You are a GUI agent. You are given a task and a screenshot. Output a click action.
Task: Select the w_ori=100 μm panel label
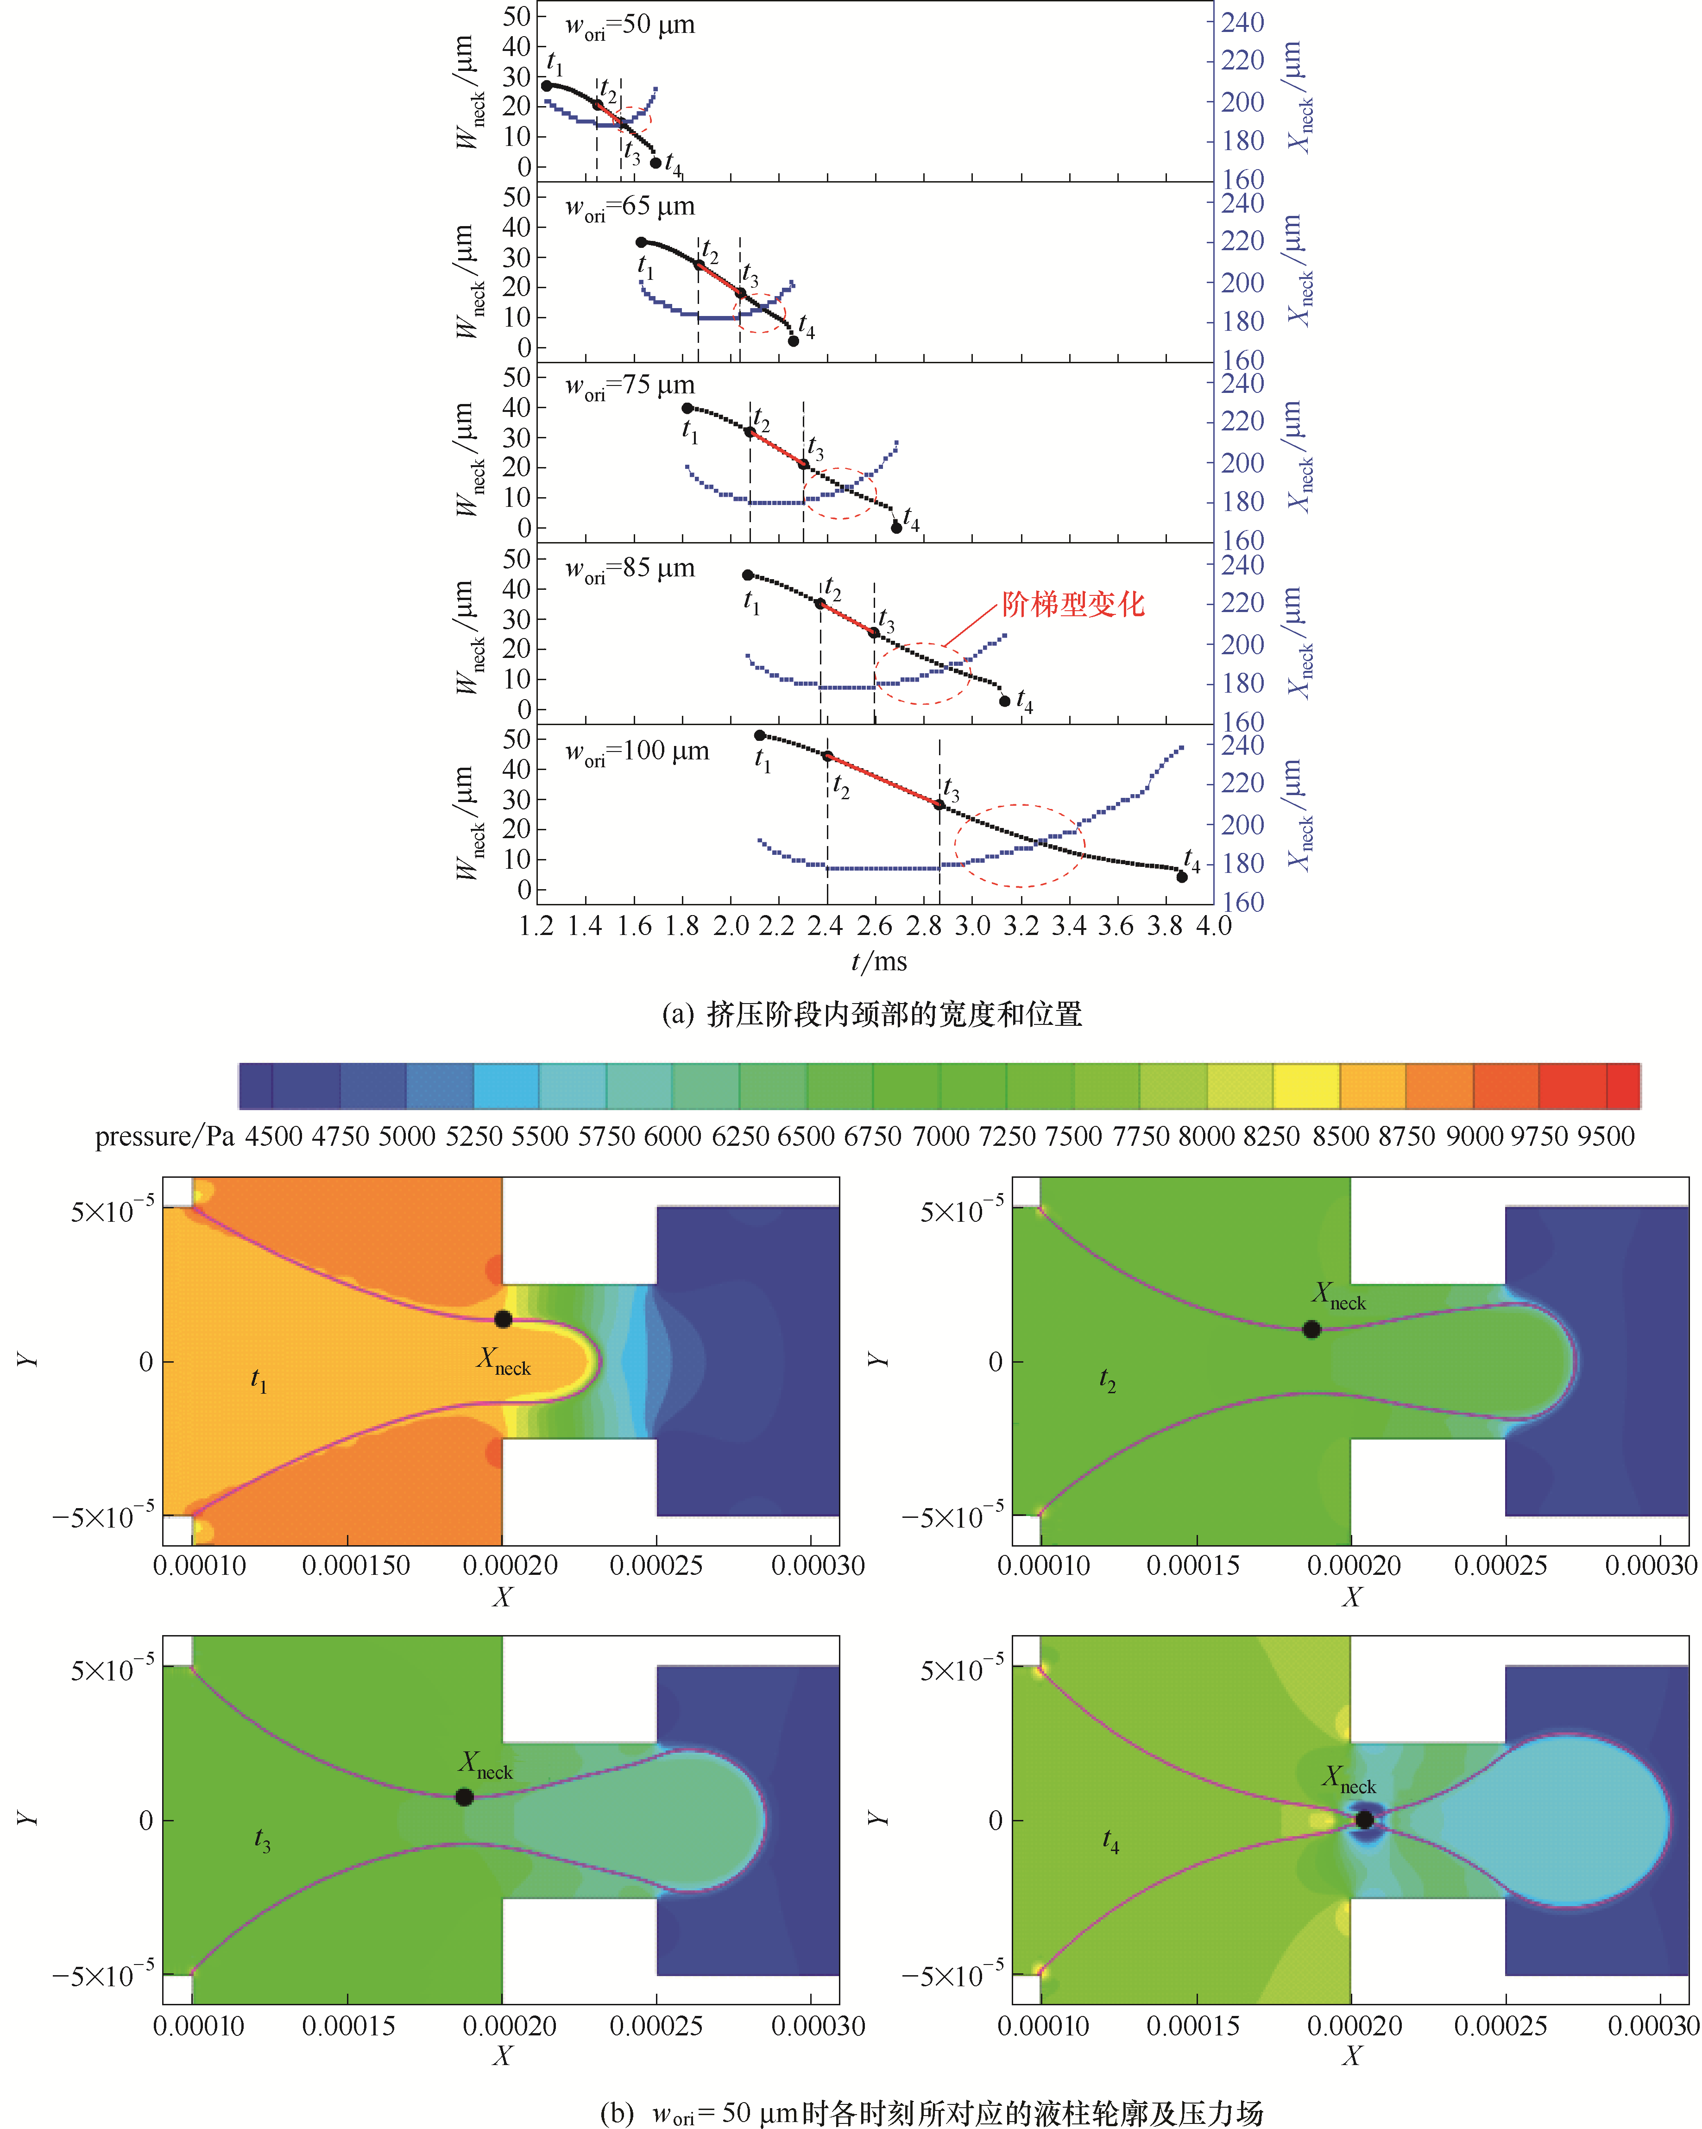(637, 752)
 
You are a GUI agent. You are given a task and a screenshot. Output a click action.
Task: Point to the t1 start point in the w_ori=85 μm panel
(747, 575)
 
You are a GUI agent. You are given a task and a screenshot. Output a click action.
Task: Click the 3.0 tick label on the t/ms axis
(972, 926)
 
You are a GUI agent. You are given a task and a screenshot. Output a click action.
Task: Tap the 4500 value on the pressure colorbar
(273, 1137)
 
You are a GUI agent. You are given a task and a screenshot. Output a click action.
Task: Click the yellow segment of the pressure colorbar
(1305, 1086)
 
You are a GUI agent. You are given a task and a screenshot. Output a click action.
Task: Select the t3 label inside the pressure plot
(262, 1838)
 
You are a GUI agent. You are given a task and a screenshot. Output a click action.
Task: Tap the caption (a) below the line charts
(872, 1014)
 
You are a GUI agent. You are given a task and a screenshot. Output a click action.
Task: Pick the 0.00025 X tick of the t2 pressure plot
(1500, 1565)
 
